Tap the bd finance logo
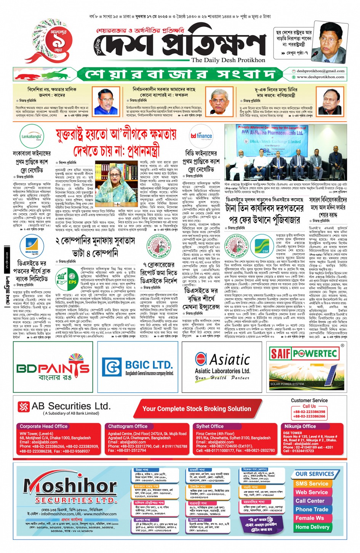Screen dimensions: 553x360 pyautogui.click(x=201, y=136)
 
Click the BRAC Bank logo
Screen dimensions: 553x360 pyautogui.click(x=32, y=246)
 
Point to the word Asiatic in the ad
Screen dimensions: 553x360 pyautogui.click(x=230, y=360)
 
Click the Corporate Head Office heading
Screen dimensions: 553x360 pyautogui.click(x=43, y=426)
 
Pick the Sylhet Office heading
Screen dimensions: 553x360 pyautogui.click(x=210, y=426)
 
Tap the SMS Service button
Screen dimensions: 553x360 pyautogui.click(x=312, y=483)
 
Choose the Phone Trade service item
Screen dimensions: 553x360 pyautogui.click(x=312, y=509)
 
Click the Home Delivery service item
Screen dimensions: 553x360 pyautogui.click(x=312, y=527)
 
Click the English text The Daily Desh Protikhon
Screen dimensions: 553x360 pyautogui.click(x=228, y=60)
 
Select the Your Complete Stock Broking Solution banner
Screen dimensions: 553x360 pyautogui.click(x=197, y=409)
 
